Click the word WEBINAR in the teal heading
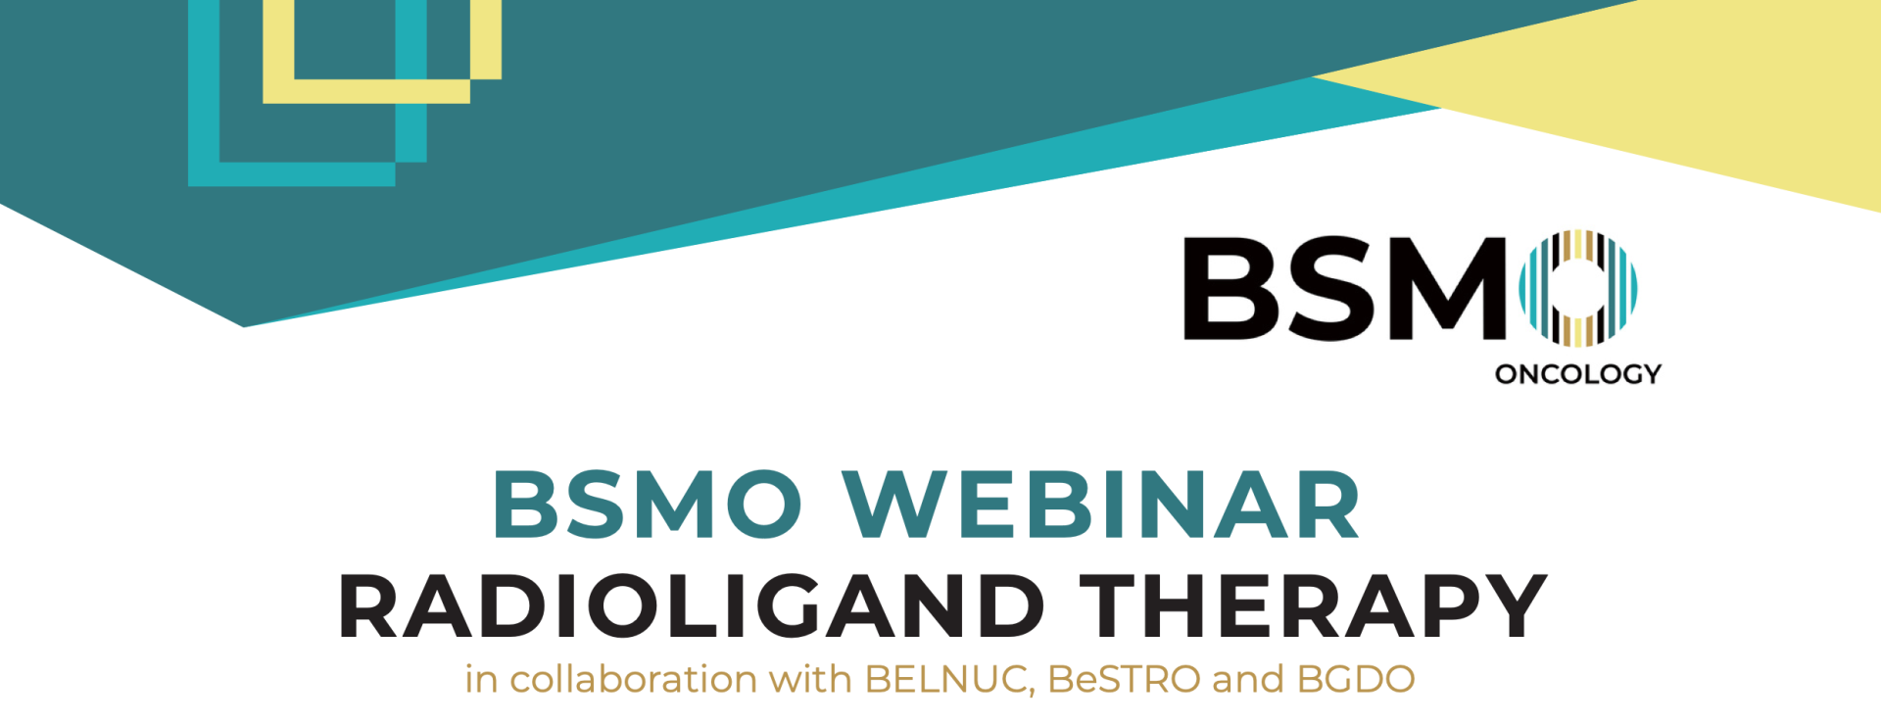1101,504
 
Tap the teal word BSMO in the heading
647,504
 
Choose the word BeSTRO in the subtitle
1124,679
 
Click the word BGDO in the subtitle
1356,679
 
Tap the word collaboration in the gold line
634,678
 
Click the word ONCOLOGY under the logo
1578,373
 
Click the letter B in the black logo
1230,289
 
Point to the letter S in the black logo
1326,289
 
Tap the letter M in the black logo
1443,289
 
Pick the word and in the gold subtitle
1248,679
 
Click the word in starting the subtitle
481,679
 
